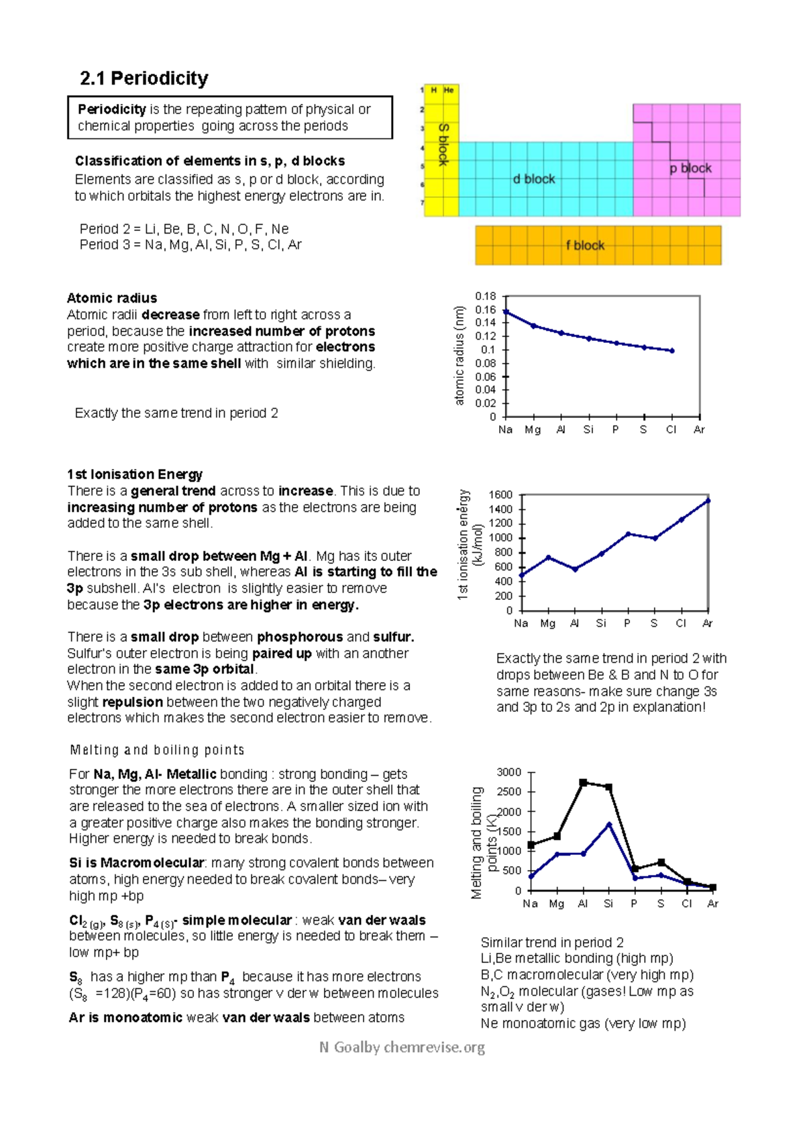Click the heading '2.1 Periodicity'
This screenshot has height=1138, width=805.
(144, 79)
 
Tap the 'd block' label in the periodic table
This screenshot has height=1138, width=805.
(533, 179)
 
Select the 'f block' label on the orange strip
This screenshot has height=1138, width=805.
(584, 246)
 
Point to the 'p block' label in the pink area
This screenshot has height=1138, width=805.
(690, 168)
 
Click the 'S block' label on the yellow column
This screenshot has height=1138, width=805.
(443, 144)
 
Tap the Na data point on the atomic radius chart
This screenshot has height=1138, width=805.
(506, 312)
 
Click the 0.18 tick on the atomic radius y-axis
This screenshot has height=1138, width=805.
(485, 296)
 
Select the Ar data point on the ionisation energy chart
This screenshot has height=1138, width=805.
(708, 501)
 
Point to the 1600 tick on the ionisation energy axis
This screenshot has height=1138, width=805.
(500, 495)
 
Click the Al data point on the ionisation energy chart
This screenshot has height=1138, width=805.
(575, 569)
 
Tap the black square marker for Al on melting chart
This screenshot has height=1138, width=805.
(583, 782)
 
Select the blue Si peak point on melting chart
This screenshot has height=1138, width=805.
(609, 824)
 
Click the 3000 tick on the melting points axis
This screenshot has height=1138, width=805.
(508, 772)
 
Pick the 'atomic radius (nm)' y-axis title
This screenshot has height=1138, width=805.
(460, 356)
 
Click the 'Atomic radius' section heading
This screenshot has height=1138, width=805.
(111, 298)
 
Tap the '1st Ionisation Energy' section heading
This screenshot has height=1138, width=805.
(134, 474)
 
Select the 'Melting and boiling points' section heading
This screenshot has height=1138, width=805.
(157, 750)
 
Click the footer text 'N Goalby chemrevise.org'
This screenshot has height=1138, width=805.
(402, 1047)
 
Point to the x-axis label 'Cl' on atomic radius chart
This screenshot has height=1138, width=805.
(671, 429)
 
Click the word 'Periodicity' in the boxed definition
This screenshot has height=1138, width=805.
(111, 109)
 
